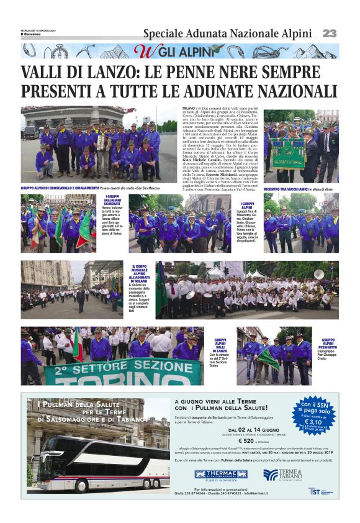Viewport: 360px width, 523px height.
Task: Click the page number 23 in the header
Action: tap(329, 33)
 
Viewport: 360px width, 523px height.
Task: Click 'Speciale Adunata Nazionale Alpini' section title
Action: tap(227, 33)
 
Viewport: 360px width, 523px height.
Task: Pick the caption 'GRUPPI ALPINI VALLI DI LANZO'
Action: tap(220, 346)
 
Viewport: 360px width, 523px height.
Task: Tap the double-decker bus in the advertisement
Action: tap(93, 462)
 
